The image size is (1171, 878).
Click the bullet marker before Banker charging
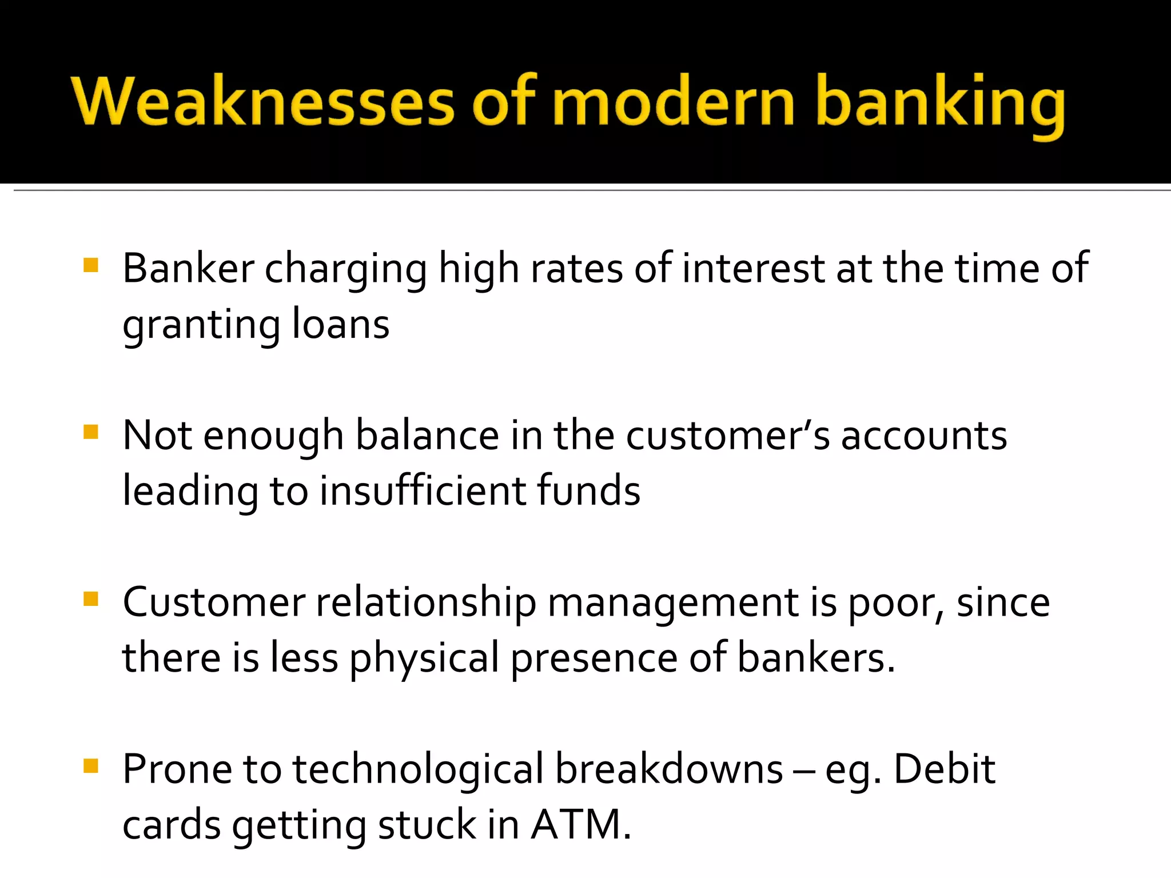point(91,265)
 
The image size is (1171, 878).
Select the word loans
point(341,324)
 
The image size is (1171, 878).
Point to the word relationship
point(426,602)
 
